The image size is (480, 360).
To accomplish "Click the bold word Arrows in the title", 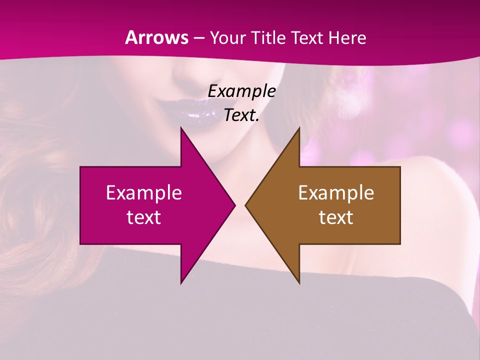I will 157,37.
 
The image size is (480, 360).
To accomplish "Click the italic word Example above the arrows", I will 242,91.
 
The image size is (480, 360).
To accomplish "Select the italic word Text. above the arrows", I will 242,115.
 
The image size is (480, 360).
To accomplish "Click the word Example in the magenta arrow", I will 144,193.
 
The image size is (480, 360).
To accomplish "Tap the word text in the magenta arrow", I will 144,217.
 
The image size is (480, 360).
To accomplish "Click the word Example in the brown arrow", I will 336,193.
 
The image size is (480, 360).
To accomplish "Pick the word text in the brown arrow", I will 336,217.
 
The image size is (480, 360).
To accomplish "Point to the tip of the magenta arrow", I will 234,205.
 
